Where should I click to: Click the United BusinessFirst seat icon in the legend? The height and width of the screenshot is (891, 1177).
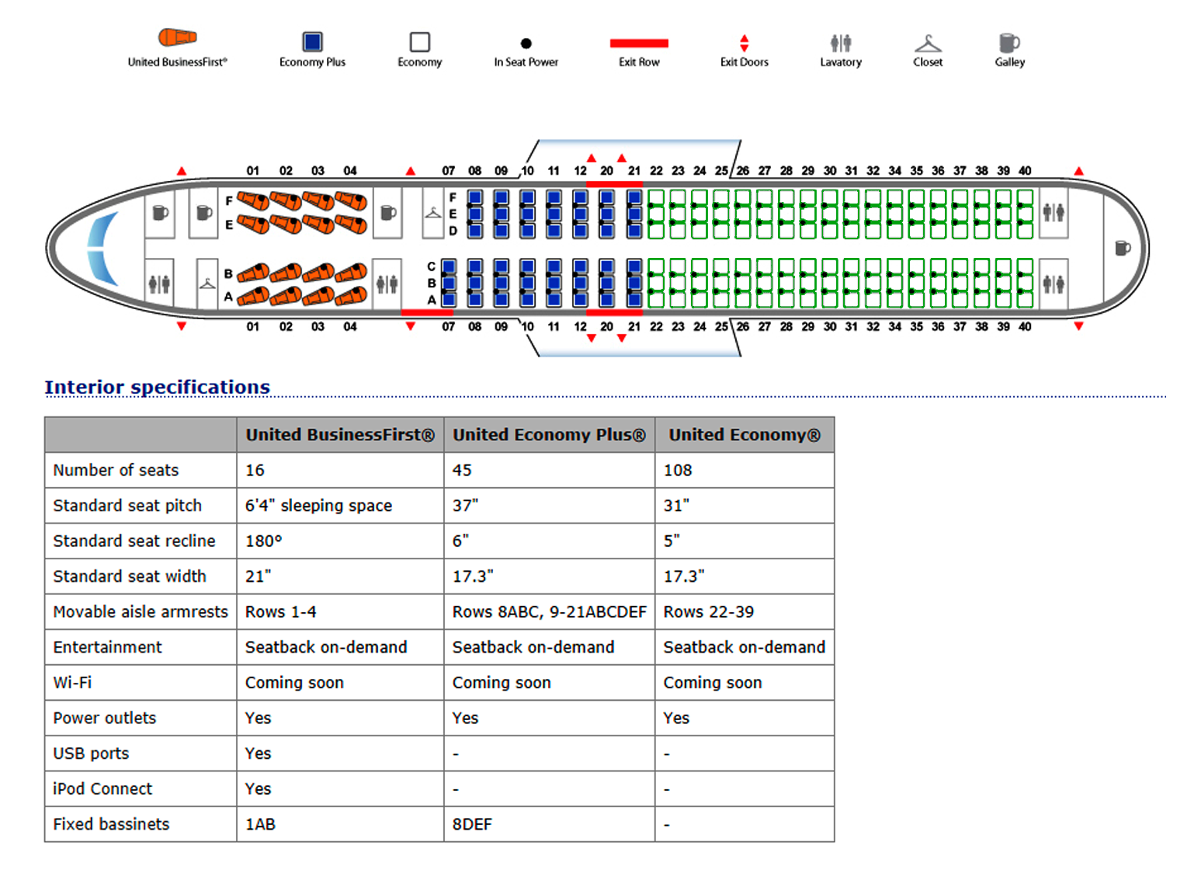pos(176,37)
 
